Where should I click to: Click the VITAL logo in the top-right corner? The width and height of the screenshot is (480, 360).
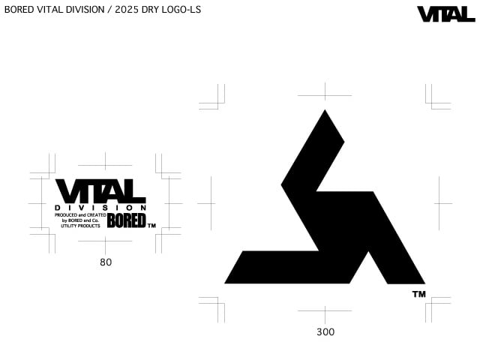pos(446,14)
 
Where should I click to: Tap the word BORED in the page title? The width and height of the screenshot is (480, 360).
pos(19,10)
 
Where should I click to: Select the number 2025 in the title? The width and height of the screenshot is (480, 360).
pos(127,10)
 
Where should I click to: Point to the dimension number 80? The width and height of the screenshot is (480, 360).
pos(106,262)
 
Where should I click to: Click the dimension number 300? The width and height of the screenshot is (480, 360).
pos(325,331)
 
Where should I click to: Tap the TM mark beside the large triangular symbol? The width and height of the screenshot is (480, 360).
pos(419,294)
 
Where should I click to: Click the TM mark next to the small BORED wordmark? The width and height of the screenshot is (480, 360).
pos(151,226)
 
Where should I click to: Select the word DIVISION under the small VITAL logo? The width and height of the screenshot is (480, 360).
pos(100,208)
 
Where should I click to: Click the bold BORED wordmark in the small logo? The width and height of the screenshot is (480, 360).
pos(126,220)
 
